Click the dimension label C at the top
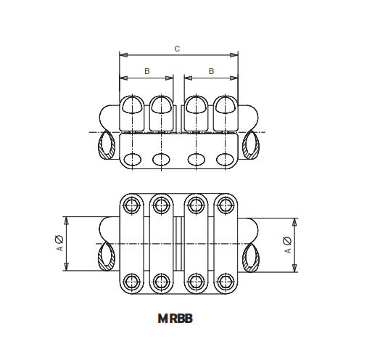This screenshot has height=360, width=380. click(178, 49)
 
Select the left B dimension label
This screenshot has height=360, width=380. click(147, 71)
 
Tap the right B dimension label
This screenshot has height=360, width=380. click(212, 71)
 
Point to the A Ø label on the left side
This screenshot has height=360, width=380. click(60, 244)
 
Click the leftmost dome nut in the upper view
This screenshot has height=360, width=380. click(132, 106)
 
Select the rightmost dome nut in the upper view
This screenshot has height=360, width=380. click(226, 106)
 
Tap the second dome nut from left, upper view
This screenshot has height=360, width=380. click(162, 106)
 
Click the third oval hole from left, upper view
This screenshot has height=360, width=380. click(195, 159)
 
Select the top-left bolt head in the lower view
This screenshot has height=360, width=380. click(131, 206)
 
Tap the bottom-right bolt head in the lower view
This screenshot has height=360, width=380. click(226, 281)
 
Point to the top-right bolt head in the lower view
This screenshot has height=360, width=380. click(226, 206)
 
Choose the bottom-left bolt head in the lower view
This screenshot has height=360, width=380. click(131, 281)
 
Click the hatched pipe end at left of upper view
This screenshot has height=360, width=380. click(106, 146)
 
